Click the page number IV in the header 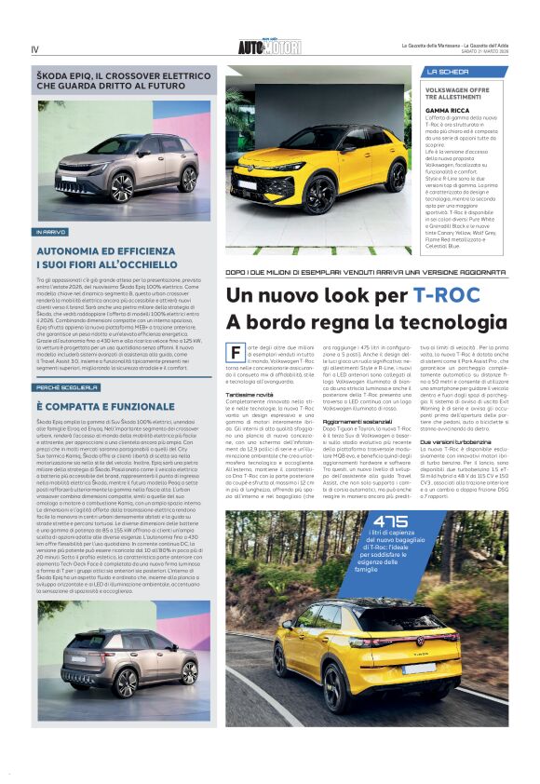(34, 49)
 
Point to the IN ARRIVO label (51, 231)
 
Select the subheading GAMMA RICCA (447, 109)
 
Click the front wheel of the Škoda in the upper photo (122, 187)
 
